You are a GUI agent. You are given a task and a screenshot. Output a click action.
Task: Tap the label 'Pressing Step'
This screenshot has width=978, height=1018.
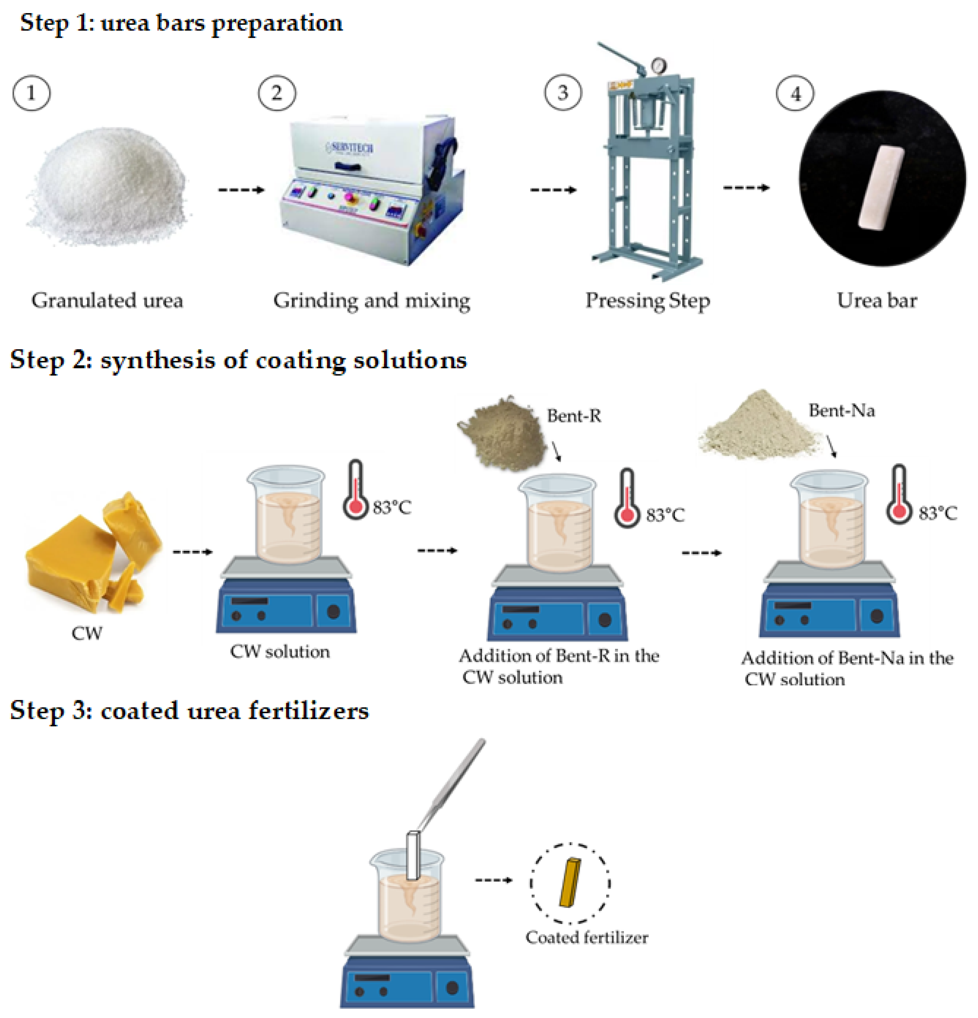647,300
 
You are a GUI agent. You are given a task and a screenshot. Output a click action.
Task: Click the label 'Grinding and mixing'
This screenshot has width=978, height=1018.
371,300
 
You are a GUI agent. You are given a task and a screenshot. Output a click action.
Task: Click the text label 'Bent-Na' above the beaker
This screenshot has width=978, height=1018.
841,410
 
